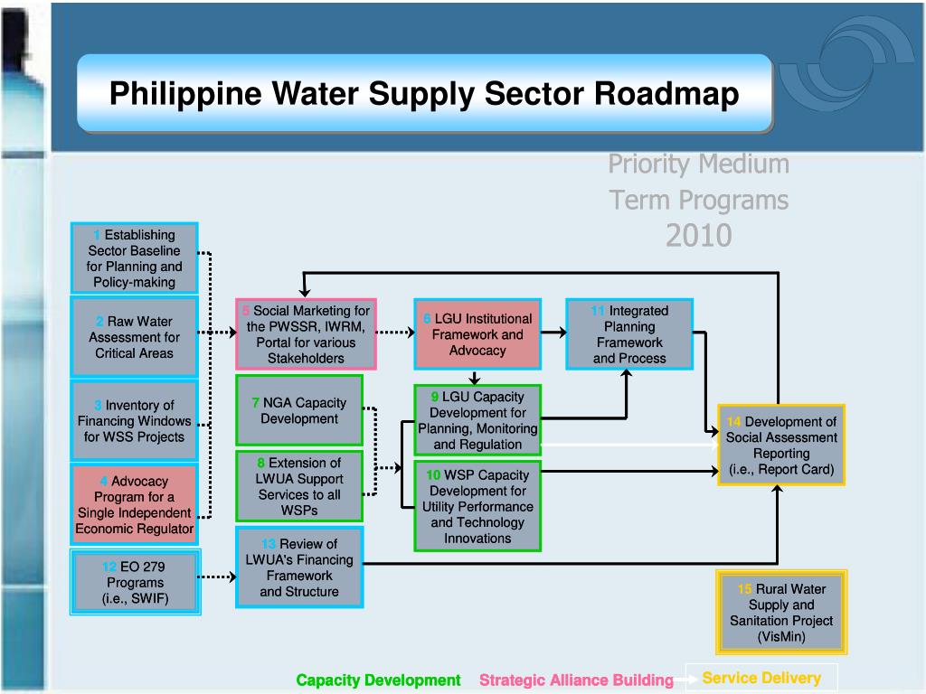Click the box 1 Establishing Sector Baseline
134,258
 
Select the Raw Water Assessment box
134,337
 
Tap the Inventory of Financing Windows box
134,421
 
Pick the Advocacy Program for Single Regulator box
134,504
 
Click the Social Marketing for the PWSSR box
306,334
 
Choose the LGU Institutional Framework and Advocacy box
477,334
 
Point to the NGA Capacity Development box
298,411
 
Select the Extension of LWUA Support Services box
298,487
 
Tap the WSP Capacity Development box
477,506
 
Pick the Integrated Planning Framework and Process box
629,334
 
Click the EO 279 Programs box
134,583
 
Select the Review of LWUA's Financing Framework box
298,567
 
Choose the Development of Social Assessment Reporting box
781,445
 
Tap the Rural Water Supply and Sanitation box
781,613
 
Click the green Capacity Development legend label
378,680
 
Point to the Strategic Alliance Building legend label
576,680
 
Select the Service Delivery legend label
761,679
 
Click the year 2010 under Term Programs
698,236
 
